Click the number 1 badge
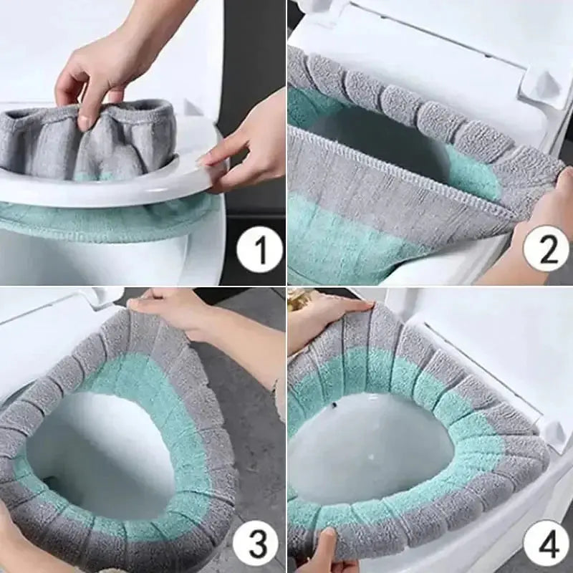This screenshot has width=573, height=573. click(x=259, y=252)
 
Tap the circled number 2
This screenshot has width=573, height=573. click(x=545, y=251)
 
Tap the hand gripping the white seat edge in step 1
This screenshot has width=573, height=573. click(x=247, y=147)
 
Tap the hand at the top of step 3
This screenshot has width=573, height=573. click(x=179, y=308)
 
